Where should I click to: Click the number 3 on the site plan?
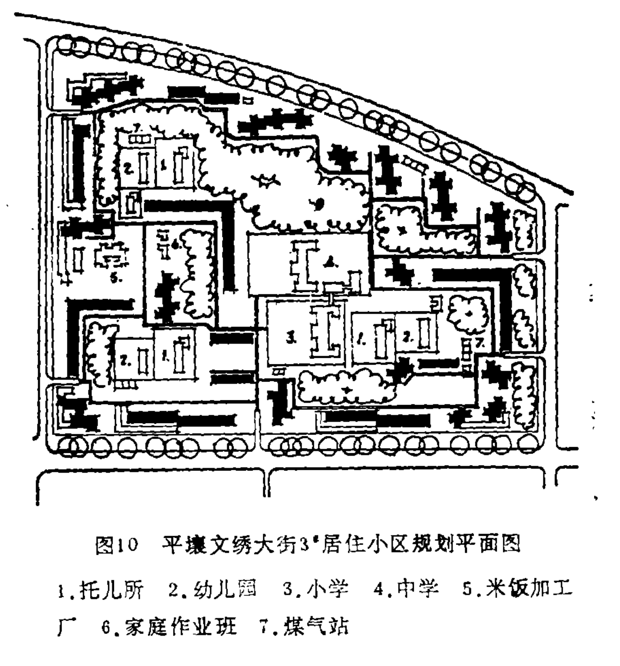click(290, 338)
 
